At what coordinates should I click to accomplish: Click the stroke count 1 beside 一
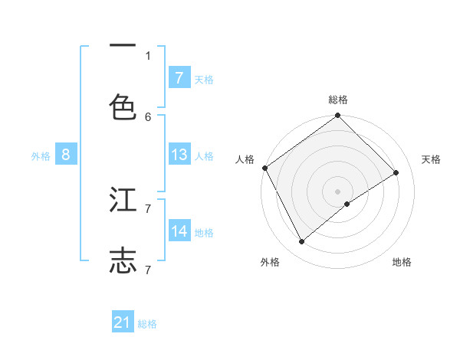click(148, 55)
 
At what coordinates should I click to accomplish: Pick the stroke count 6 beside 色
click(148, 116)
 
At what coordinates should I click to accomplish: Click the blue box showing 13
click(179, 155)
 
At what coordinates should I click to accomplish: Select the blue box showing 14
click(179, 231)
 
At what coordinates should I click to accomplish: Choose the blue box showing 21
click(123, 323)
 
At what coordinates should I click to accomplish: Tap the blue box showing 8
click(66, 155)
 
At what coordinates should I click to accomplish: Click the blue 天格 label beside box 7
click(204, 79)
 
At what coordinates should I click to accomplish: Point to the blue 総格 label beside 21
click(147, 324)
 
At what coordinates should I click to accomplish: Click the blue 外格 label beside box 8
click(41, 155)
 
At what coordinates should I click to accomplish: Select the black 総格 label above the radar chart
click(338, 100)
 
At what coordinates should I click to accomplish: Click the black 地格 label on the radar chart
click(402, 263)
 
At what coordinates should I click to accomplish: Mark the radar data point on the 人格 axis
click(264, 168)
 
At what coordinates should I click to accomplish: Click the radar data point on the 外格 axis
click(302, 242)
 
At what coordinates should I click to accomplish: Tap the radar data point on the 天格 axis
click(396, 172)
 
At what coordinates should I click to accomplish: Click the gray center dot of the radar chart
click(338, 191)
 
